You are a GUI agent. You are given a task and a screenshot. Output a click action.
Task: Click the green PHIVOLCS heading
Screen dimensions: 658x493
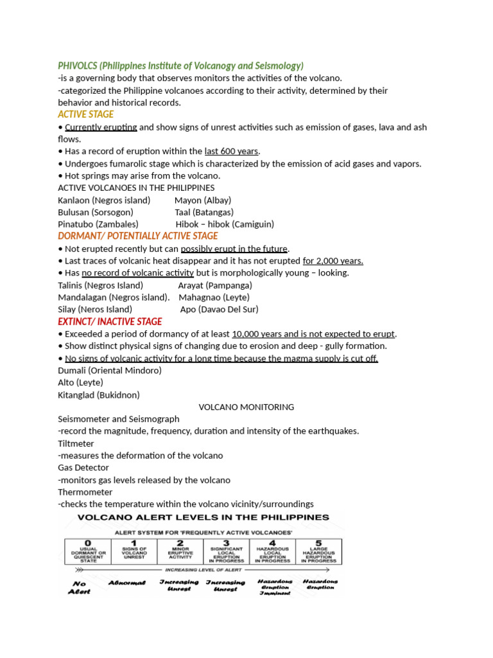tap(180, 66)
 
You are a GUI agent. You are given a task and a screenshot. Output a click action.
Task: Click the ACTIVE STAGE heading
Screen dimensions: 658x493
tap(85, 114)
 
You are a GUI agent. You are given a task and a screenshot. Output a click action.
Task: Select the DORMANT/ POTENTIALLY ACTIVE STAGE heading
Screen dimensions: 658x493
tap(137, 236)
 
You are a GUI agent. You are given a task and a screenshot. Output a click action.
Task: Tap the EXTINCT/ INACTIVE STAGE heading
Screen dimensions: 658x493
tap(110, 321)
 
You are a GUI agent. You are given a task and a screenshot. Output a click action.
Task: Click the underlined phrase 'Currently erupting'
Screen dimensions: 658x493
tap(101, 127)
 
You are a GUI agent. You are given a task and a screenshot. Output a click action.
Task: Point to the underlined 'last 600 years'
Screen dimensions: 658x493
tap(232, 152)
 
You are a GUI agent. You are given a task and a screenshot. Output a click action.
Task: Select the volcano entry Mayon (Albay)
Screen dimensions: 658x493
tap(203, 200)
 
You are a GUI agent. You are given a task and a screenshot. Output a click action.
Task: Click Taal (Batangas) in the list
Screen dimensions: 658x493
tap(204, 212)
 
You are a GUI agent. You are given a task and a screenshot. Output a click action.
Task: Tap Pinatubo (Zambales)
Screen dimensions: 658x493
tap(98, 224)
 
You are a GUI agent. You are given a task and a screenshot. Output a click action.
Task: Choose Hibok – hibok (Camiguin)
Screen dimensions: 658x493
tap(225, 224)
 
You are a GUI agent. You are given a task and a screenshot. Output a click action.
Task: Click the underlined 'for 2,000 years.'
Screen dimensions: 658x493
tap(333, 261)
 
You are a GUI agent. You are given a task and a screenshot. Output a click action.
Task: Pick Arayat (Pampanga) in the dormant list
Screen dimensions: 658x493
tap(215, 285)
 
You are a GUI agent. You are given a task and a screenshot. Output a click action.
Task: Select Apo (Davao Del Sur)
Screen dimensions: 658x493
tap(219, 309)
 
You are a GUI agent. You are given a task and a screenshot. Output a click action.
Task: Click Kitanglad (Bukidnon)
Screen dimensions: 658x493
tap(98, 395)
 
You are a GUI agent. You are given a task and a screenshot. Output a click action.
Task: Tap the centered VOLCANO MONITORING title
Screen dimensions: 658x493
tap(246, 407)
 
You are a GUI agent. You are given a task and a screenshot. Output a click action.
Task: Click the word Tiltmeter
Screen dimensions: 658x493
tap(76, 443)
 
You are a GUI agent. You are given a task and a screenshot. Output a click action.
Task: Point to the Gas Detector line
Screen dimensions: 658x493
tap(83, 468)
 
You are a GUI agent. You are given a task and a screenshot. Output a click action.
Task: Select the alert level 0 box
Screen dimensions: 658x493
tap(88, 552)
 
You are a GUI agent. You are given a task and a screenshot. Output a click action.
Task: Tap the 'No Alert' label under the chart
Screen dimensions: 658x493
tap(80, 587)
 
